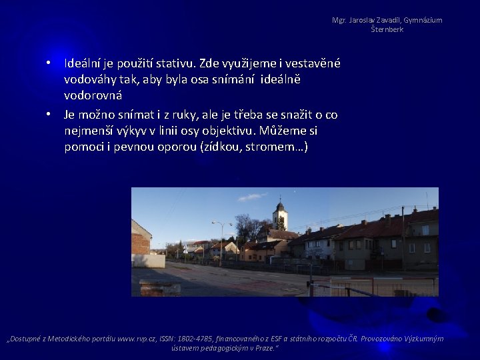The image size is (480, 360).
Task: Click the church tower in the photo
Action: click(280, 216)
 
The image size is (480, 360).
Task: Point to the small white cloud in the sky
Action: click(251, 197)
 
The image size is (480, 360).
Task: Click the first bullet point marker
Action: click(49, 64)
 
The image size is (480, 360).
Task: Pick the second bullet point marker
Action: click(49, 115)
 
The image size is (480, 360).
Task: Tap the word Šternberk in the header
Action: click(387, 29)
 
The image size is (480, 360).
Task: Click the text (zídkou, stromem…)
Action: click(253, 147)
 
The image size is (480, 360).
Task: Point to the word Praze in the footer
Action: click(262, 348)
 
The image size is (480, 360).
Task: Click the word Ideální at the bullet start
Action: click(85, 64)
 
